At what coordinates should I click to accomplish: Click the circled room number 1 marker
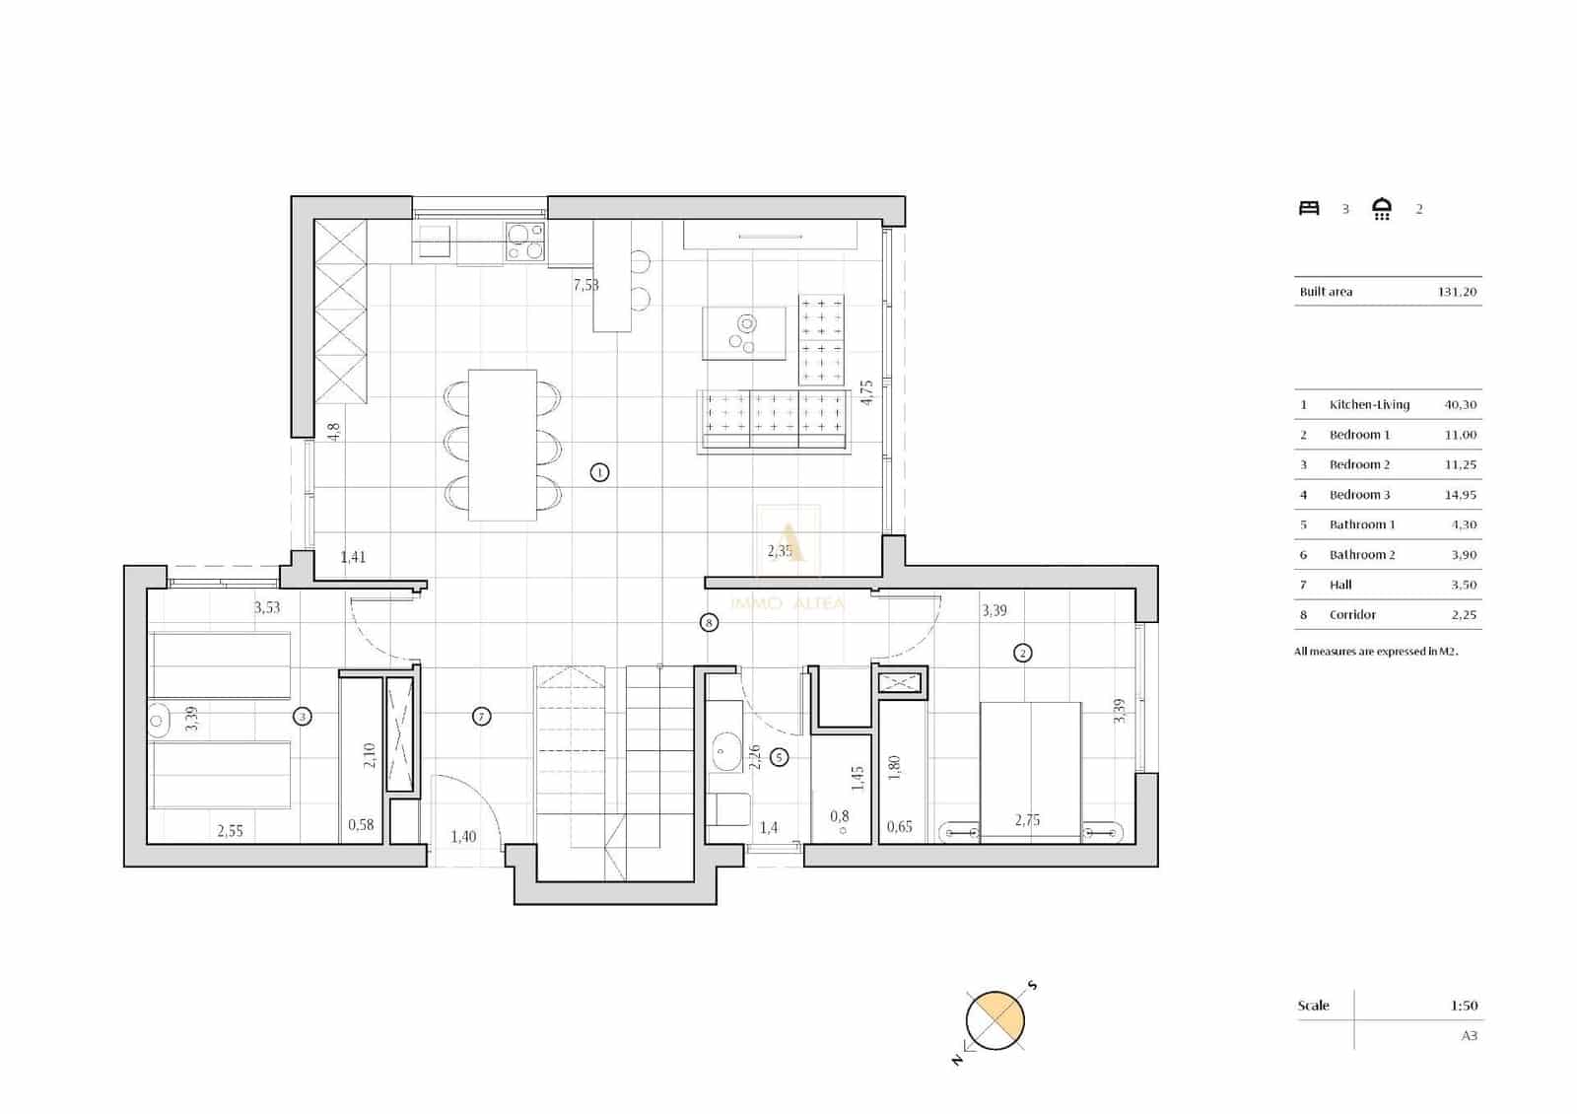pos(599,472)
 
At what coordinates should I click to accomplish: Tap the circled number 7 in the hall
pos(481,717)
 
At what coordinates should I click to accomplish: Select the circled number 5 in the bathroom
pos(780,757)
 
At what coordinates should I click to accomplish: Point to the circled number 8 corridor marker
pos(709,622)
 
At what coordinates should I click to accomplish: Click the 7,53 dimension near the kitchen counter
pos(585,285)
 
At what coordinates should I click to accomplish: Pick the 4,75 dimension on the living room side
pos(866,392)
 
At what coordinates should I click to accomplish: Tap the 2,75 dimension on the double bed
pos(1027,820)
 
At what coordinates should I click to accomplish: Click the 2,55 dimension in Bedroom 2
pos(230,831)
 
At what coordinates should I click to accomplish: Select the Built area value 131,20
pos(1457,292)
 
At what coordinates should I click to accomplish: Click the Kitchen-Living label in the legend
pos(1369,404)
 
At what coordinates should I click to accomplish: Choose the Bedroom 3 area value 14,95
pos(1461,495)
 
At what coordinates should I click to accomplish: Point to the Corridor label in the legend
pos(1352,615)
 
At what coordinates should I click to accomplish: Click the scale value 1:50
pos(1464,1006)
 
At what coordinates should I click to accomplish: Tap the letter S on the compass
pos(1032,986)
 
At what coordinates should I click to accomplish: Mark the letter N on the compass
pos(956,1060)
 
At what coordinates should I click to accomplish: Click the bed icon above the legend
pos(1309,208)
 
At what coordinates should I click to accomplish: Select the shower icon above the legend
pos(1382,208)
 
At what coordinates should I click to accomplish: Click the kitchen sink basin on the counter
pos(435,236)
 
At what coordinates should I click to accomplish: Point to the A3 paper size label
pos(1469,1035)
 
